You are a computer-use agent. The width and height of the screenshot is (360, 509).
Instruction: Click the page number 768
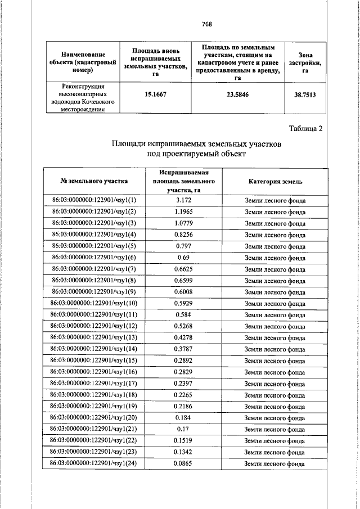206,24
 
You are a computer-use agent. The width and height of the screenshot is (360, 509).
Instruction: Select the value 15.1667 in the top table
154,94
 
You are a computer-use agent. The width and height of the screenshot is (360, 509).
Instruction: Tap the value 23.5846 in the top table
237,94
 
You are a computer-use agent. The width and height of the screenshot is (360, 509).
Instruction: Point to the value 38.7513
305,95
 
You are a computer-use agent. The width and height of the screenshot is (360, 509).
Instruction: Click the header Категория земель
275,182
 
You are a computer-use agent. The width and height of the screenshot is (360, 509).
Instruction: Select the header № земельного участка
94,182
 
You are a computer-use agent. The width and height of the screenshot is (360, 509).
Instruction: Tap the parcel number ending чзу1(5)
94,246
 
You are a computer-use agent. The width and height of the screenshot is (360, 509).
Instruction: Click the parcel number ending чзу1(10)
94,303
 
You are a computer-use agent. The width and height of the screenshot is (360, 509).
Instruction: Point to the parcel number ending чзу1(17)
94,384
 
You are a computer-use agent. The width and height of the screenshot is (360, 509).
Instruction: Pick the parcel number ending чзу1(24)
94,463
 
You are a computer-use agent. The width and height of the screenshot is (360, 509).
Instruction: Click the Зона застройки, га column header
305,62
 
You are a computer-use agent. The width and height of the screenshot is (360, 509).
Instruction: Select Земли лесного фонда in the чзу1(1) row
275,200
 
